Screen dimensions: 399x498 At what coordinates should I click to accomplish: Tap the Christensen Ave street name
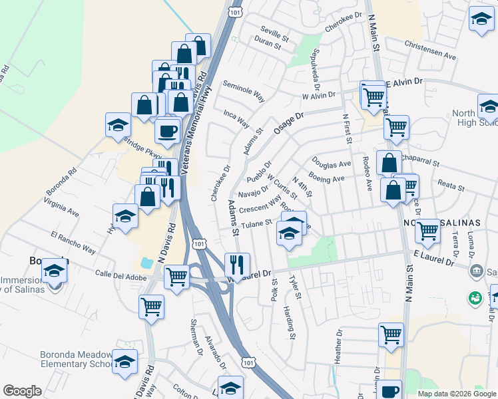pyautogui.click(x=430, y=51)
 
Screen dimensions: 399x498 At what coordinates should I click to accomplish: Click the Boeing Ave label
pyautogui.click(x=326, y=179)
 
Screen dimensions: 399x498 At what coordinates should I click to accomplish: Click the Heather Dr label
pyautogui.click(x=338, y=345)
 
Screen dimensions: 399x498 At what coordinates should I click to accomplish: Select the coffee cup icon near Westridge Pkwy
pyautogui.click(x=168, y=129)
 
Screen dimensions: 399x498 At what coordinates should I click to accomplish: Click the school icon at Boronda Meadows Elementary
pyautogui.click(x=124, y=362)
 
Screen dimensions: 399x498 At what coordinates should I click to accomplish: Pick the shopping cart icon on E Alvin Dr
pyautogui.click(x=373, y=97)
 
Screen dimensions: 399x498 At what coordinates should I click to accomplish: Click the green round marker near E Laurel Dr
pyautogui.click(x=475, y=299)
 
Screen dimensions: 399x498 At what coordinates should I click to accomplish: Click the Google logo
pyautogui.click(x=22, y=391)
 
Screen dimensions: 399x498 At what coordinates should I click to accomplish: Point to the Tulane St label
pyautogui.click(x=256, y=223)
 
